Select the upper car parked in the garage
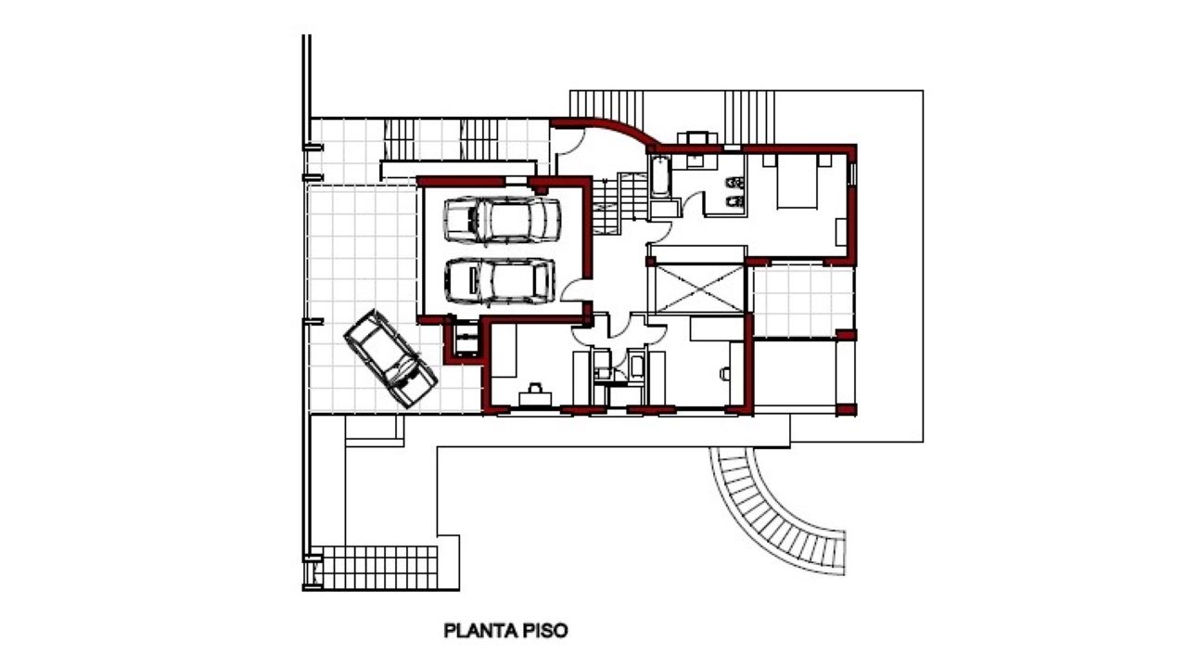click(502, 220)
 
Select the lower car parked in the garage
click(500, 281)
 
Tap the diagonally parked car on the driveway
click(390, 359)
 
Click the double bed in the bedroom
click(797, 181)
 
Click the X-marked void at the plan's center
click(699, 289)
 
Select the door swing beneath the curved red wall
click(571, 140)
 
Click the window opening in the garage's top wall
click(517, 181)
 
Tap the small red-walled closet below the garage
click(465, 340)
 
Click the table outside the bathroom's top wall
click(698, 137)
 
